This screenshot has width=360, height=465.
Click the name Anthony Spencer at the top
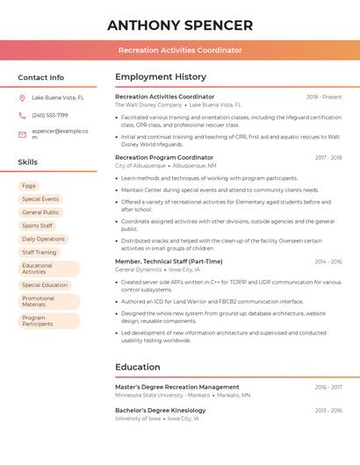tap(180, 25)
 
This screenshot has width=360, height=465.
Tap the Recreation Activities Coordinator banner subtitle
tap(180, 50)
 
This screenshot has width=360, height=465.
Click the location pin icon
tap(22, 97)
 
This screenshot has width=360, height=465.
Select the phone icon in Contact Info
tap(22, 115)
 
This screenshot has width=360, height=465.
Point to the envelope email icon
tap(22, 133)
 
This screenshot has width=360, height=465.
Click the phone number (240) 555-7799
tap(50, 115)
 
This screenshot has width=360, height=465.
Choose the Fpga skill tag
tap(29, 186)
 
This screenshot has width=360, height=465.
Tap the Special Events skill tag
tap(40, 199)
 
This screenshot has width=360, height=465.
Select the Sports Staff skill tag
tap(37, 225)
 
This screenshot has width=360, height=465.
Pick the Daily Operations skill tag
tap(43, 239)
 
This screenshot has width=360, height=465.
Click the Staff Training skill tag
tap(40, 252)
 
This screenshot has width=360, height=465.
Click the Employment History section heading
tap(161, 77)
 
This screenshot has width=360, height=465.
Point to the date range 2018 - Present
tap(324, 97)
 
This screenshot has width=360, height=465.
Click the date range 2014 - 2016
tap(328, 261)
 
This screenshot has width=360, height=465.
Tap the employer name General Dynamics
tap(139, 270)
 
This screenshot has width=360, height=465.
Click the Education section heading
tap(138, 367)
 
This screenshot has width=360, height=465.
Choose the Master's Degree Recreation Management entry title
tap(177, 387)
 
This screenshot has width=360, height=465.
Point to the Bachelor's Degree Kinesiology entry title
tap(161, 410)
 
